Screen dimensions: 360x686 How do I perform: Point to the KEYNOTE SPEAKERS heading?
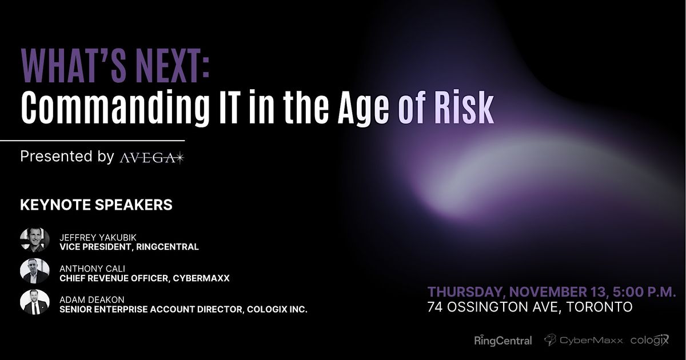(96, 205)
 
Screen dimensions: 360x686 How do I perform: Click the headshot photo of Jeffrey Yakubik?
(35, 240)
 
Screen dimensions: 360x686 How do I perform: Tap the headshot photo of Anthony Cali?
(35, 271)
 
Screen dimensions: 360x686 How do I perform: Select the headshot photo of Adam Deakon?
(35, 302)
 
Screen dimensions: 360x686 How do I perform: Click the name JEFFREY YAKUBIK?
(95, 237)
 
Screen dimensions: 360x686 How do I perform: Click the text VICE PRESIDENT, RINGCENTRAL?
(129, 247)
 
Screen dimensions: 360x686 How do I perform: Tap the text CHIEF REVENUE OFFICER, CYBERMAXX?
(144, 278)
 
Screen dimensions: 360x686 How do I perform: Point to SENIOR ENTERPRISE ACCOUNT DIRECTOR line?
(184, 309)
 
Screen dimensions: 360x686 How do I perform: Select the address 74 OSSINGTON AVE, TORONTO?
(529, 307)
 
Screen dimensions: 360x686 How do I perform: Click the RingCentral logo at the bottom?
(503, 341)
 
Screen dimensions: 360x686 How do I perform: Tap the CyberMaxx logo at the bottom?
(583, 341)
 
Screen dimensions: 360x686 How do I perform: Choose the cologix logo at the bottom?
(649, 340)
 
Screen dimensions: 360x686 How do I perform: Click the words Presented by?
(67, 157)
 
